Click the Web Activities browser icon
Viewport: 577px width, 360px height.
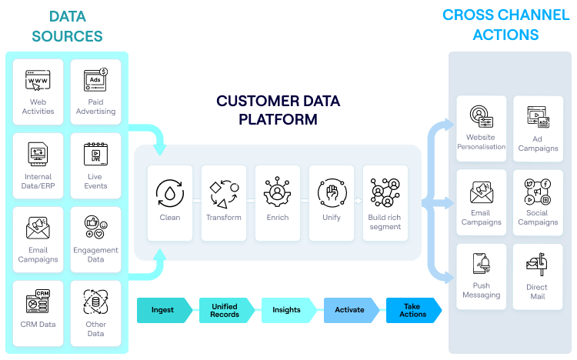point(38,80)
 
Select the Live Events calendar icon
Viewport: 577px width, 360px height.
point(95,154)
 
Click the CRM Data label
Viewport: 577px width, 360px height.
point(38,324)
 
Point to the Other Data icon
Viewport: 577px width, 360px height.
point(95,302)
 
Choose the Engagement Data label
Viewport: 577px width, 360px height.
point(95,255)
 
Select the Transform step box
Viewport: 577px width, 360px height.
point(224,201)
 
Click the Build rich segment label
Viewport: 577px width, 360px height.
point(385,222)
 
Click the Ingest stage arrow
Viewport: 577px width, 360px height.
point(164,310)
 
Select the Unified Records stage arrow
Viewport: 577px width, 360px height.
point(225,310)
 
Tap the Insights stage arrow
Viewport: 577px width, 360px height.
point(287,310)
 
